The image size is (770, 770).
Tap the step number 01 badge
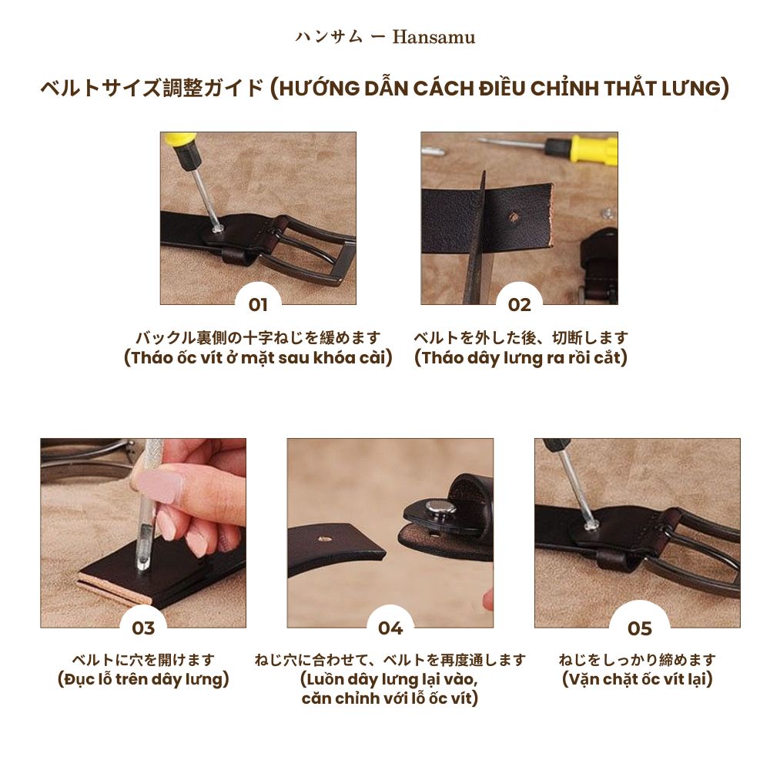pos(258,305)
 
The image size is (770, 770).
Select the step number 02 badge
pos(520,305)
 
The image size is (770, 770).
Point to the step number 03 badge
pos(143,628)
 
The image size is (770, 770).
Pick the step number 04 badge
pos(390,628)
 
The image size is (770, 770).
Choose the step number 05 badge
pos(639,628)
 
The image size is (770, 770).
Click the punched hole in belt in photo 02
pos(514,219)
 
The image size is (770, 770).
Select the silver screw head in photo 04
pos(440,507)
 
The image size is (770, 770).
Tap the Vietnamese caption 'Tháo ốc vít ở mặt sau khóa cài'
pos(258,358)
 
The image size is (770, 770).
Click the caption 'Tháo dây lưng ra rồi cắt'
pos(521,358)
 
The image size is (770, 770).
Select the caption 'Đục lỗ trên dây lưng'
pos(143,680)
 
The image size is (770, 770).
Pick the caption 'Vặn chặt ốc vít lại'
pos(638,680)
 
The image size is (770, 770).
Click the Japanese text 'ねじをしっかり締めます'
pos(638,660)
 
